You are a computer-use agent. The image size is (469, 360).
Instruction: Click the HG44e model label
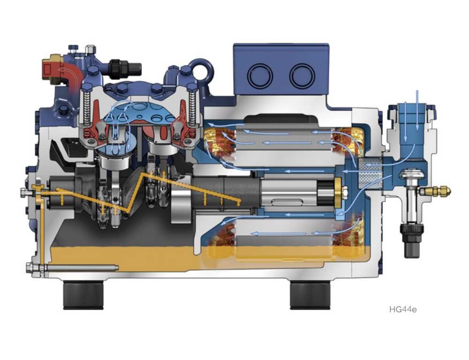[x=402, y=309]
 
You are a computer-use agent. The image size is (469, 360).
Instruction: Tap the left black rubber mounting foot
[x=83, y=295]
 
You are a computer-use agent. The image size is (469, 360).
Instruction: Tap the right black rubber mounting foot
[x=310, y=295]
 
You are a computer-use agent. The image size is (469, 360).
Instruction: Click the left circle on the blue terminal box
[x=260, y=76]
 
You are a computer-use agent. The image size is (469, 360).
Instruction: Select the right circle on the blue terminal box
[x=302, y=76]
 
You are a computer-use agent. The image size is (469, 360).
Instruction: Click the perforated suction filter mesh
[x=370, y=174]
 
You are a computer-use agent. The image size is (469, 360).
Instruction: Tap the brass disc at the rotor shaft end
[x=338, y=193]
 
